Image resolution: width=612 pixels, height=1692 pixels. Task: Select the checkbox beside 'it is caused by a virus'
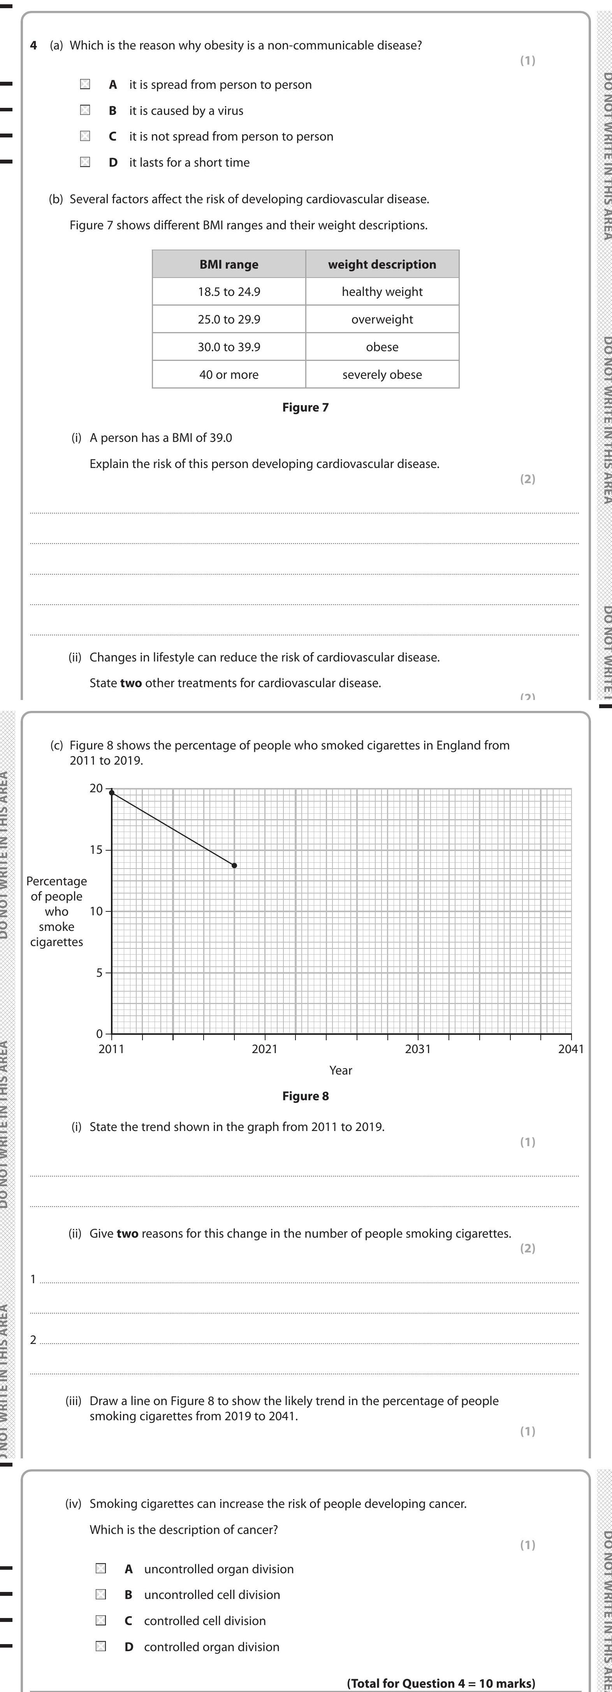tap(85, 110)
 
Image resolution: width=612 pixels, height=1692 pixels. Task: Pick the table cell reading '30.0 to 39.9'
tap(229, 347)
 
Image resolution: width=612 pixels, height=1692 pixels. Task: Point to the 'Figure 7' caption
tap(305, 407)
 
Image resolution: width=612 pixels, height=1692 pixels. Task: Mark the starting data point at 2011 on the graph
tap(112, 793)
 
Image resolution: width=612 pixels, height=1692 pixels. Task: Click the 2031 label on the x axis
tap(418, 1049)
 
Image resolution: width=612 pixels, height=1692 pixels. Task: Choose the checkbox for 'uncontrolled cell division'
tap(100, 1595)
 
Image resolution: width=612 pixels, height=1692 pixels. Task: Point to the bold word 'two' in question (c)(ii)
tap(127, 1233)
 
